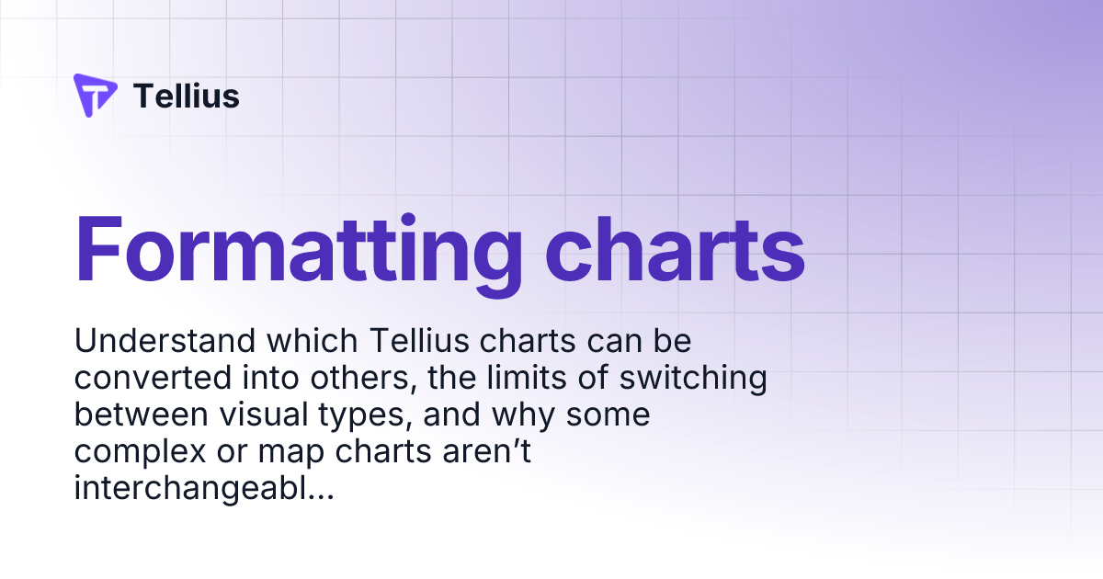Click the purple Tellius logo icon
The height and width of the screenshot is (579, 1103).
coord(95,96)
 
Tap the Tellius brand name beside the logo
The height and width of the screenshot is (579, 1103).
coord(187,96)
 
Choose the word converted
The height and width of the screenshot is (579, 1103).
coord(141,379)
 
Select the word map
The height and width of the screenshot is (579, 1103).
coord(288,453)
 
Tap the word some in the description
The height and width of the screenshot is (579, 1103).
coord(608,415)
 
